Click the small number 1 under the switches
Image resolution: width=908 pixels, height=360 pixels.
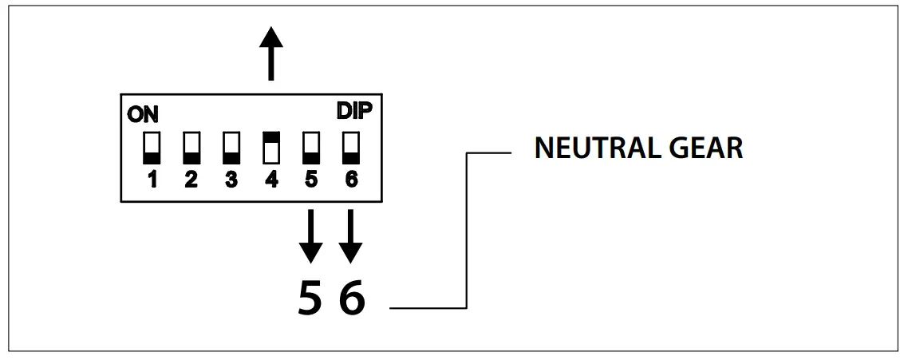pyautogui.click(x=151, y=180)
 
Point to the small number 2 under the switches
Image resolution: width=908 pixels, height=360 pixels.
pyautogui.click(x=191, y=180)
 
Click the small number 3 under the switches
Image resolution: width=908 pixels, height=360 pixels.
pyautogui.click(x=231, y=180)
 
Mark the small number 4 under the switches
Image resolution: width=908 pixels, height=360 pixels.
pyautogui.click(x=270, y=180)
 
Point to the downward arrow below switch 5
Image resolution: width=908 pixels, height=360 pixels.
pyautogui.click(x=310, y=236)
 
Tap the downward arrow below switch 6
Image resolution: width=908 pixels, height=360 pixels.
pyautogui.click(x=350, y=236)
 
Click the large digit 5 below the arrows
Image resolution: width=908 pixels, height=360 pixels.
pyautogui.click(x=311, y=297)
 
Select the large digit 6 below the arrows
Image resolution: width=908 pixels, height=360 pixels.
pyautogui.click(x=352, y=297)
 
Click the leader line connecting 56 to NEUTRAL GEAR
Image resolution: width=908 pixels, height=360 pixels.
pyautogui.click(x=466, y=231)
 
